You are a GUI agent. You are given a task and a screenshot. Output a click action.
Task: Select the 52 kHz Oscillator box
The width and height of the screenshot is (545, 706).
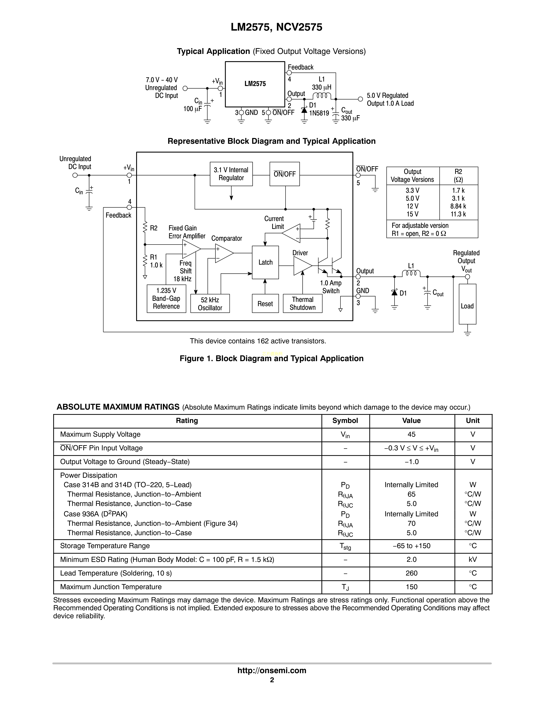[210, 304]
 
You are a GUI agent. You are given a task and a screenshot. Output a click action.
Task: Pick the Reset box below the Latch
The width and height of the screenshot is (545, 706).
[265, 304]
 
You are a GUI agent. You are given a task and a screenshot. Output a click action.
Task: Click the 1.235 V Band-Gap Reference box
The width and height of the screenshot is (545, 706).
[166, 298]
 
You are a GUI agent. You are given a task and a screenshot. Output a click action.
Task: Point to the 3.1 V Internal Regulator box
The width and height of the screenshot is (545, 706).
[231, 174]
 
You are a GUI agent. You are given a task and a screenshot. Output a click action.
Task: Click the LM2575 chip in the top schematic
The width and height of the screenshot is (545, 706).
[255, 84]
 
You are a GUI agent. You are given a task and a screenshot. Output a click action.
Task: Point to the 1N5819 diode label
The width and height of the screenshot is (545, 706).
[319, 113]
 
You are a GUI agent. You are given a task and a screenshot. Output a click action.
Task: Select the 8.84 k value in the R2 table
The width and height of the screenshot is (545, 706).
[458, 206]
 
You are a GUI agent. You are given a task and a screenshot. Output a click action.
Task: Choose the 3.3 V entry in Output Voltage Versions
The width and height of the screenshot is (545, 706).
[412, 190]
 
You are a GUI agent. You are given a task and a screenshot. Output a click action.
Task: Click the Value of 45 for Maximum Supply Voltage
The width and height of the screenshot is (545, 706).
[411, 435]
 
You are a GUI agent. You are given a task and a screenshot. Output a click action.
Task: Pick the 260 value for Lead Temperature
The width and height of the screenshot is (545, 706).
[411, 573]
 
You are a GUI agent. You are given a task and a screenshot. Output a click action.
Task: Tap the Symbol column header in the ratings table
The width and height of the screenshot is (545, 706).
[345, 421]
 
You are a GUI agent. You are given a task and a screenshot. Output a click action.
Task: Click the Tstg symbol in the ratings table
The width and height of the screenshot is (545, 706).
[345, 546]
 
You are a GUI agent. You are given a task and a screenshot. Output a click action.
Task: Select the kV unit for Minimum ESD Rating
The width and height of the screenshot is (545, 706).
[473, 560]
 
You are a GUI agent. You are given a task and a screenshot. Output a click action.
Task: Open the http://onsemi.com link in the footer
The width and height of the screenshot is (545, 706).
[272, 670]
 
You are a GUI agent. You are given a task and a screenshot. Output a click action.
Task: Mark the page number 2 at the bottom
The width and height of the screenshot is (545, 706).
[272, 680]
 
